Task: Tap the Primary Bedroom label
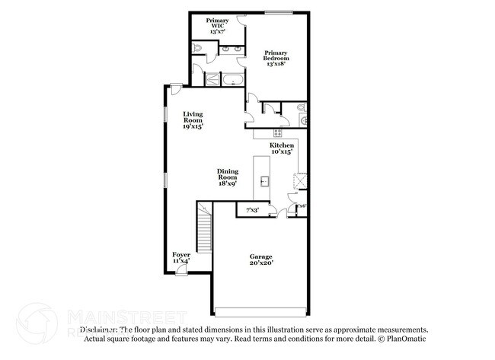(276, 59)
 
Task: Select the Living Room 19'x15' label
(192, 120)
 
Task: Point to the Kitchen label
(282, 148)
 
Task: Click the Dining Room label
(228, 177)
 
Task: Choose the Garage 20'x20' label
(260, 260)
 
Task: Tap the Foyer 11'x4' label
(181, 257)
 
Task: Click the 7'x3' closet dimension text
(252, 209)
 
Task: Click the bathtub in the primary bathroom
(232, 78)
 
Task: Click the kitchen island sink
(264, 181)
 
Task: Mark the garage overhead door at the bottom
(260, 311)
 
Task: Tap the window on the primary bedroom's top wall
(279, 11)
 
